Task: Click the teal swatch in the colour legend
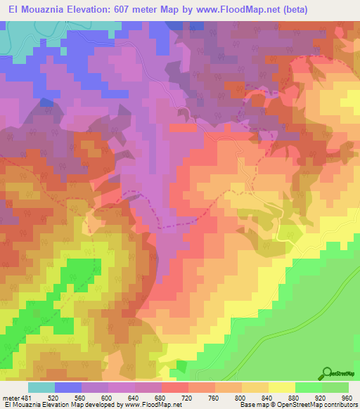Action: pyautogui.click(x=41, y=387)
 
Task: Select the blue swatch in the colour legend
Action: pyautogui.click(x=68, y=387)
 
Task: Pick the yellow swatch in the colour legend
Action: pyautogui.click(x=282, y=387)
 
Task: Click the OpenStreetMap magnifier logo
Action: pyautogui.click(x=328, y=372)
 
